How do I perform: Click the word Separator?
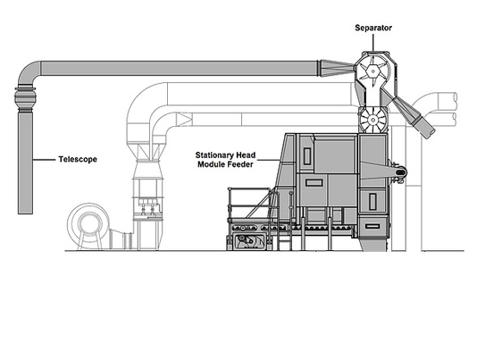(x=373, y=28)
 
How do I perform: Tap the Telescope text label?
(x=78, y=160)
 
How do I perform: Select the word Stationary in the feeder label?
(x=213, y=155)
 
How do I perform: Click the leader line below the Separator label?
(x=373, y=43)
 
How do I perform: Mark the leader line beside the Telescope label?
(x=44, y=160)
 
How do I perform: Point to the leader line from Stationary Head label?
(x=269, y=160)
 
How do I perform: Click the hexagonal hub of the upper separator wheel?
(x=372, y=71)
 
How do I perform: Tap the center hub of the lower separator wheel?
(x=372, y=121)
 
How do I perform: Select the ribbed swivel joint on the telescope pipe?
(x=25, y=98)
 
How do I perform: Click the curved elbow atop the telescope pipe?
(x=28, y=71)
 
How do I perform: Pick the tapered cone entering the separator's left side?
(x=336, y=68)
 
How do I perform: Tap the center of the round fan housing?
(x=88, y=223)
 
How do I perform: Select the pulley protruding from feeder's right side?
(x=400, y=172)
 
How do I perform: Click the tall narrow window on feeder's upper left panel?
(x=307, y=156)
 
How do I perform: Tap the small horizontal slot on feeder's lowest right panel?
(x=372, y=226)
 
